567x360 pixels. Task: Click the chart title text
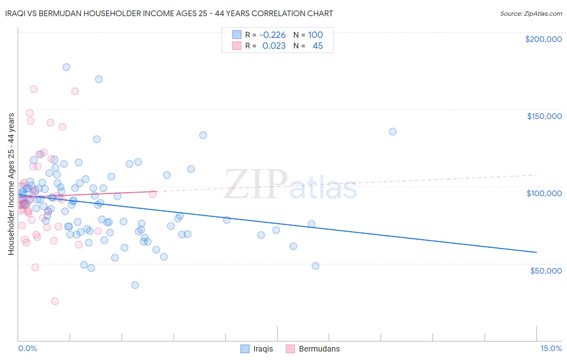pyautogui.click(x=169, y=13)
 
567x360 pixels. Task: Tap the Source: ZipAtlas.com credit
pyautogui.click(x=531, y=14)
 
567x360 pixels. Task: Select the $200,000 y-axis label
pyautogui.click(x=543, y=39)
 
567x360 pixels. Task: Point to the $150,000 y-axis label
pyautogui.click(x=544, y=116)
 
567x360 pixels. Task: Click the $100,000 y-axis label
pyautogui.click(x=544, y=193)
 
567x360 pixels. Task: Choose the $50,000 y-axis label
pyautogui.click(x=546, y=270)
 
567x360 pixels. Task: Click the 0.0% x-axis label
pyautogui.click(x=27, y=348)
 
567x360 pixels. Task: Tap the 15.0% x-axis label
pyautogui.click(x=550, y=348)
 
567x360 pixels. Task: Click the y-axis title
pyautogui.click(x=11, y=184)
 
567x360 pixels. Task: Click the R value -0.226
pyautogui.click(x=272, y=35)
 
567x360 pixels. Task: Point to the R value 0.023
pyautogui.click(x=274, y=46)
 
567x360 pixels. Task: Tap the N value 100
pyautogui.click(x=315, y=35)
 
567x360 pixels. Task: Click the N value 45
pyautogui.click(x=317, y=46)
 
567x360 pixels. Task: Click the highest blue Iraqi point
pyautogui.click(x=67, y=67)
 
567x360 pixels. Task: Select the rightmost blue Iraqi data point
pyautogui.click(x=392, y=132)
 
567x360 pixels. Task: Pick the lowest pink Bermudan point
pyautogui.click(x=55, y=301)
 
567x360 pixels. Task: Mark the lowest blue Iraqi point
pyautogui.click(x=135, y=285)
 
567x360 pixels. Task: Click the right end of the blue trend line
pyautogui.click(x=536, y=252)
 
